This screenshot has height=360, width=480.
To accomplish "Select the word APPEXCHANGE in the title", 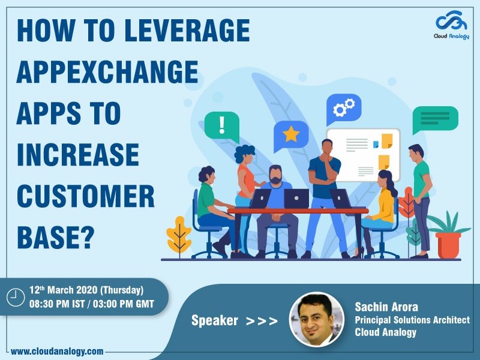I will coord(107,72).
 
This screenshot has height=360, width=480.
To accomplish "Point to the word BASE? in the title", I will coord(56,237).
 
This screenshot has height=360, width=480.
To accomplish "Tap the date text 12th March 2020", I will coord(67,289).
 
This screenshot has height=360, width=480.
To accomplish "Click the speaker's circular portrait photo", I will coord(316,319).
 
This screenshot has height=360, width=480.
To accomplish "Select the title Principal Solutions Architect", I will coord(412,320).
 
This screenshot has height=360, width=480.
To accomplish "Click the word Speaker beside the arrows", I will coord(215,320).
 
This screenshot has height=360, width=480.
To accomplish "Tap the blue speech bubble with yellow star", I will coord(290,135).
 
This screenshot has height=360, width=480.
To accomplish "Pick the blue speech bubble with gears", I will coord(343,109).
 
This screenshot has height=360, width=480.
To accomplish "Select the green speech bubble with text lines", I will coord(435,119).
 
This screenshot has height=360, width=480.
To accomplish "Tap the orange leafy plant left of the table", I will coord(179,234).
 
